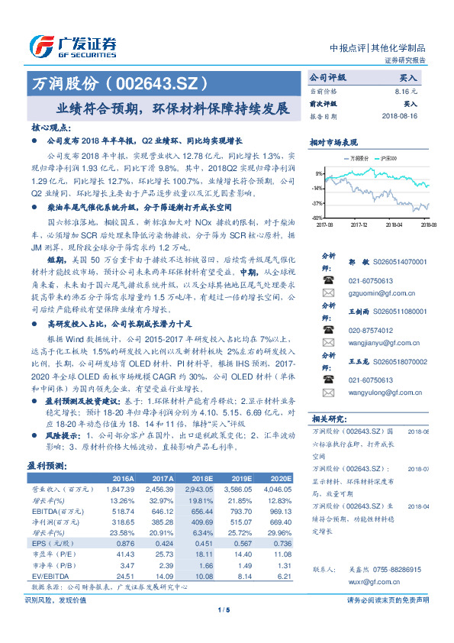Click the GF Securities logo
72,44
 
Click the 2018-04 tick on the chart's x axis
394,225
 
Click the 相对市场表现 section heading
335,142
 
